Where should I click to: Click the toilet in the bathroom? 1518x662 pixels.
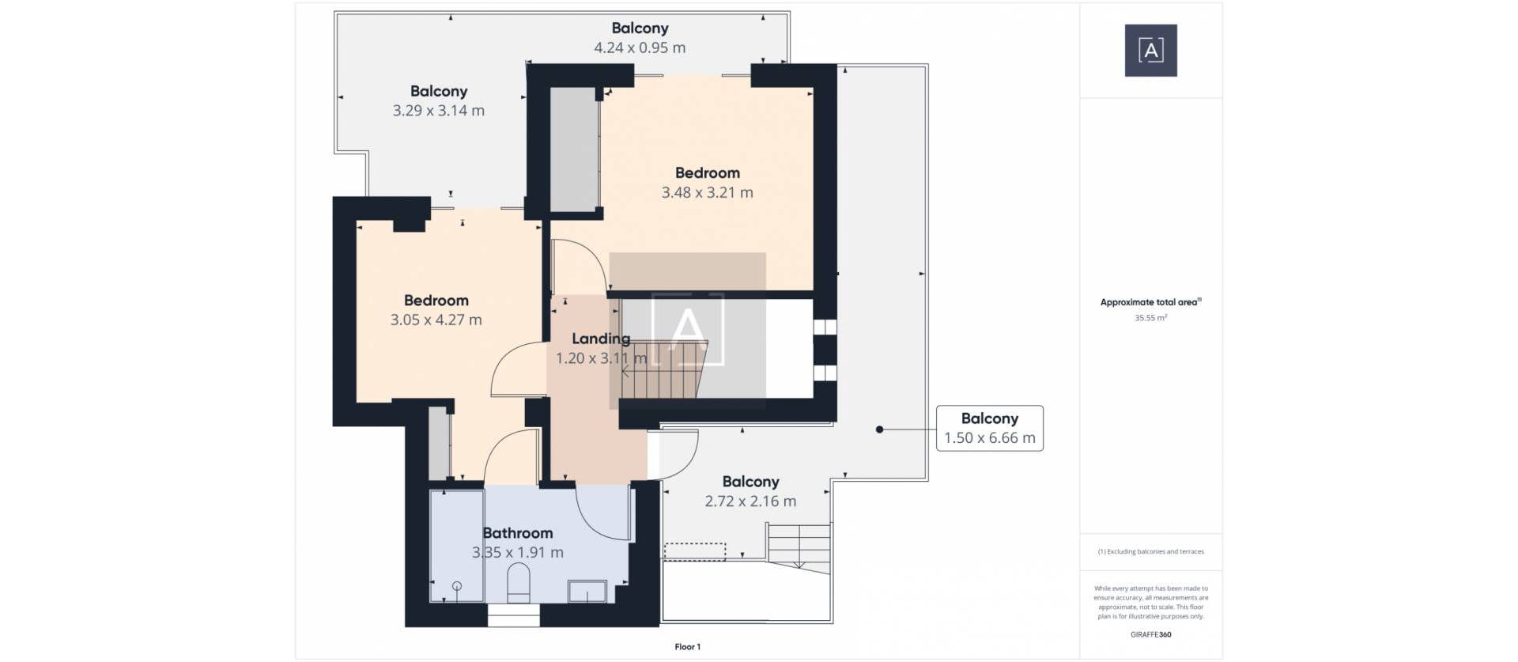[518, 583]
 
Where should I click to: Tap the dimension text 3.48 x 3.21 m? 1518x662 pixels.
[707, 192]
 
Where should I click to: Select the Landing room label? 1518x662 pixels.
[601, 339]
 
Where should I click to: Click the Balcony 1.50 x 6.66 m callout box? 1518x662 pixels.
[989, 428]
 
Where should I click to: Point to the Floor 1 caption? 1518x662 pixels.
[687, 647]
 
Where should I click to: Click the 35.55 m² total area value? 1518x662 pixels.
[1150, 318]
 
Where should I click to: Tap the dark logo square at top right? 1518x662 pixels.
[1150, 51]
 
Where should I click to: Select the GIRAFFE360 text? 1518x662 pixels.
[1150, 634]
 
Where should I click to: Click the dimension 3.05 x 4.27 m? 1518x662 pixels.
[436, 320]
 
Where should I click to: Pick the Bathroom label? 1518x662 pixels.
[518, 533]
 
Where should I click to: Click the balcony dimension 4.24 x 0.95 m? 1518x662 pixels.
[640, 47]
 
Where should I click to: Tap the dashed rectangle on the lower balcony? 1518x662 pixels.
[694, 551]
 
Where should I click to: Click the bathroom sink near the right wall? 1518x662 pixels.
[587, 592]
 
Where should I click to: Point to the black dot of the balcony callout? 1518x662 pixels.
[879, 429]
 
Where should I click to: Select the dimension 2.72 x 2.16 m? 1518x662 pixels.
[750, 501]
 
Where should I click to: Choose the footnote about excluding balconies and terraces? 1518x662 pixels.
[1150, 552]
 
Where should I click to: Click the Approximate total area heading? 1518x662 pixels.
[1150, 302]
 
